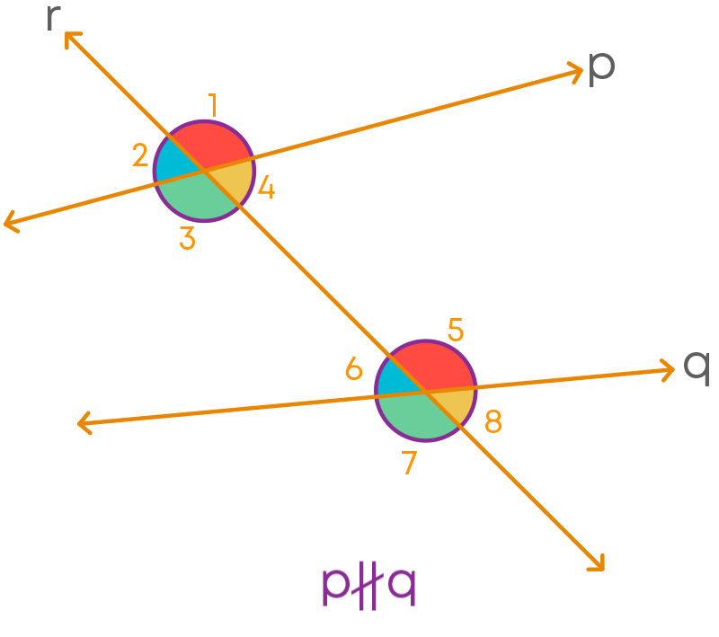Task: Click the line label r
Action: pyautogui.click(x=54, y=19)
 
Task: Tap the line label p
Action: pyautogui.click(x=601, y=69)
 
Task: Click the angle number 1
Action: pyautogui.click(x=212, y=105)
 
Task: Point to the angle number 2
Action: pyautogui.click(x=140, y=155)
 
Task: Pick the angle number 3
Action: pyautogui.click(x=187, y=238)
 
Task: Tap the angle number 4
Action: pyautogui.click(x=266, y=188)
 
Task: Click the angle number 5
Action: pyautogui.click(x=456, y=330)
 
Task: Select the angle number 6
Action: pyautogui.click(x=354, y=368)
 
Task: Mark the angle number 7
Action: pyautogui.click(x=409, y=463)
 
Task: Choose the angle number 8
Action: pyautogui.click(x=493, y=421)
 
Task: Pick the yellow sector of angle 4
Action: pyautogui.click(x=234, y=181)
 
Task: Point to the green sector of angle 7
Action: pyautogui.click(x=420, y=418)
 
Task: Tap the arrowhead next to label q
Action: pyautogui.click(x=667, y=369)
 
